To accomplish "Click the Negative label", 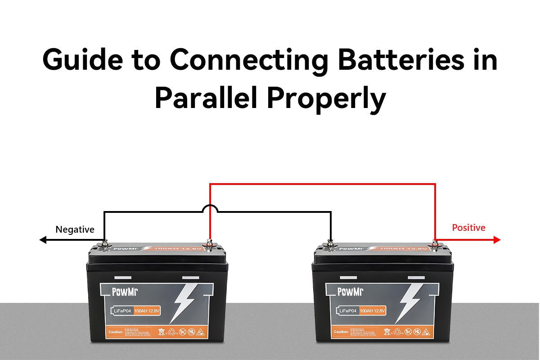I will click(75, 229).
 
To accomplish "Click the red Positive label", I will click(468, 228).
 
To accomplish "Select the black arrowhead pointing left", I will click(43, 240).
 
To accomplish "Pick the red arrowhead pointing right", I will click(497, 240).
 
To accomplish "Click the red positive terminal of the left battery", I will click(209, 244).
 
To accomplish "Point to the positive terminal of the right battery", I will click(435, 244).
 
